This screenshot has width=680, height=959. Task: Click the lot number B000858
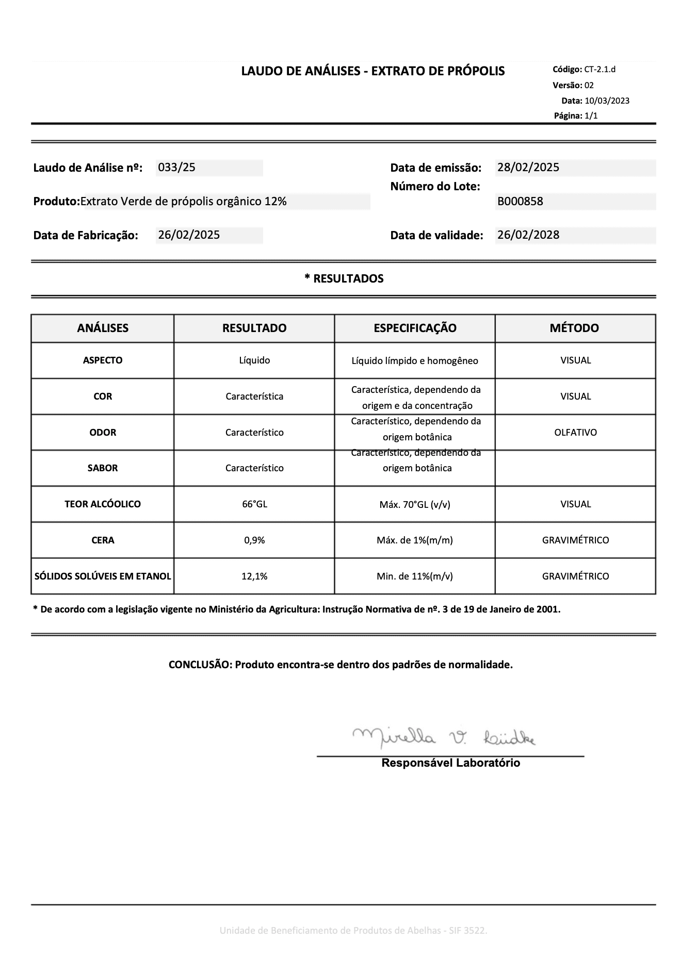click(x=520, y=202)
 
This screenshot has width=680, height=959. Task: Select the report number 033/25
click(x=176, y=168)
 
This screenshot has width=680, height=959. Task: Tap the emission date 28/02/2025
click(x=528, y=168)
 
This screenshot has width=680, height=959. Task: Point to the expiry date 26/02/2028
click(x=528, y=235)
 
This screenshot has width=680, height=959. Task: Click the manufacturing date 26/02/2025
click(x=189, y=235)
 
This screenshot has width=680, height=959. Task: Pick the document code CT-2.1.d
click(x=600, y=70)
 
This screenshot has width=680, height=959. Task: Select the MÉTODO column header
click(x=574, y=328)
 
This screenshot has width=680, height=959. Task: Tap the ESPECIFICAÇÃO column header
click(x=415, y=328)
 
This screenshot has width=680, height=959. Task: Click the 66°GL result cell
click(x=254, y=504)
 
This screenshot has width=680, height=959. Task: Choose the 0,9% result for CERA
click(x=254, y=540)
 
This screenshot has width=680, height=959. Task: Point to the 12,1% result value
click(x=254, y=576)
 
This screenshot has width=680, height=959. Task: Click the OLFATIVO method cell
click(x=575, y=433)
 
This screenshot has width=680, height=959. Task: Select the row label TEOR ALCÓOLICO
click(x=103, y=504)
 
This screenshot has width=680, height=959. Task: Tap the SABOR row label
click(x=103, y=468)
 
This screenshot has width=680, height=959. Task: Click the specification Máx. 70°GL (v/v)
click(x=415, y=505)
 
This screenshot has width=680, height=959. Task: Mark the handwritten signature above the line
click(x=444, y=738)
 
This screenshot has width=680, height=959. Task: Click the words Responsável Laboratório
click(x=450, y=763)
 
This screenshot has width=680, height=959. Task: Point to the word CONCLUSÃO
click(x=200, y=665)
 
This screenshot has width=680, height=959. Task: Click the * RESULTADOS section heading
click(x=344, y=279)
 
